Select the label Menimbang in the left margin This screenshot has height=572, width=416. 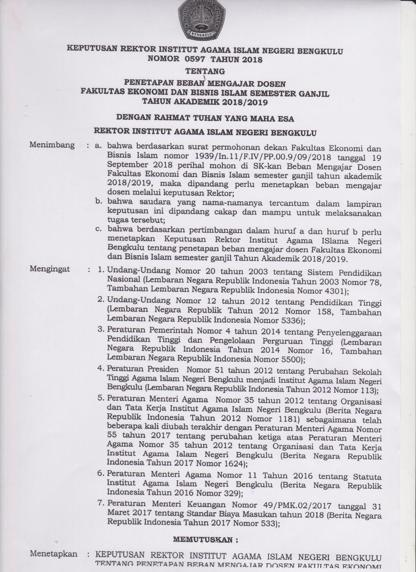tap(52, 145)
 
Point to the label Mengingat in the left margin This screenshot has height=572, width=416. tap(50, 269)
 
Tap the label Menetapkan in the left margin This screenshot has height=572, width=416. tap(54, 554)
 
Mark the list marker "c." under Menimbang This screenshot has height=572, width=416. tap(99, 229)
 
